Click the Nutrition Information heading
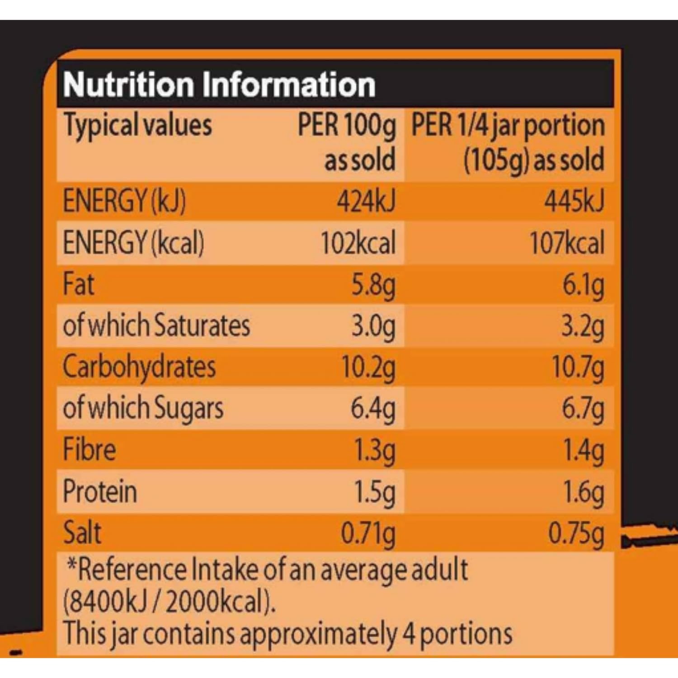tap(219, 85)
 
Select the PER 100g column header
tap(347, 125)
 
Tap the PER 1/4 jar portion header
tap(508, 125)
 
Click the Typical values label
tap(137, 125)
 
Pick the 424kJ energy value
tap(366, 201)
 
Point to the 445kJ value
tap(574, 201)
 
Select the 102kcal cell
tap(358, 243)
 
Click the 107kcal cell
tap(567, 243)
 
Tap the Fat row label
tap(79, 284)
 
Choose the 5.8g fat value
tap(373, 285)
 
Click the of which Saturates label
tap(156, 325)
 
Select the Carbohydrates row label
tap(139, 367)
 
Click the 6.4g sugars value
tap(373, 409)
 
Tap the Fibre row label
tap(89, 450)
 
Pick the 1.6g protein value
tap(583, 492)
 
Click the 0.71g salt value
tap(368, 533)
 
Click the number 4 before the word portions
tap(409, 634)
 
